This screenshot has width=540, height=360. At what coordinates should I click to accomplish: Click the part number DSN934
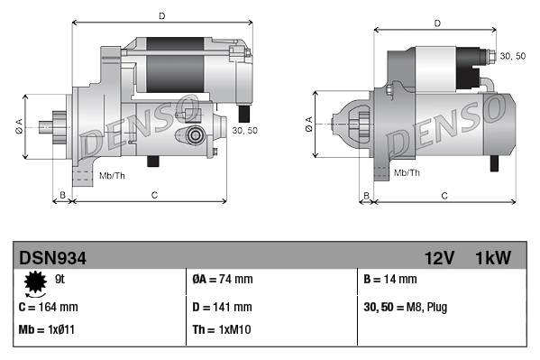[52, 258]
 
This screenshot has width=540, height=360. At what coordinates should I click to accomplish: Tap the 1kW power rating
[493, 258]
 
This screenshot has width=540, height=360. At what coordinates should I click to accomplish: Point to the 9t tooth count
[59, 279]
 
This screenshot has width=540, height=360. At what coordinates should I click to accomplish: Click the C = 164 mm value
[48, 306]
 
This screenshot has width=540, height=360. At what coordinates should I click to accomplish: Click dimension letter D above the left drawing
[161, 15]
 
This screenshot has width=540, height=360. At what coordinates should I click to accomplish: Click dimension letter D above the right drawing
[436, 23]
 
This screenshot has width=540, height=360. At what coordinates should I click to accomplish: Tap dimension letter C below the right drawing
[445, 195]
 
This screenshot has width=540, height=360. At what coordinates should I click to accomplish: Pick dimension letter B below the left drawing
[62, 195]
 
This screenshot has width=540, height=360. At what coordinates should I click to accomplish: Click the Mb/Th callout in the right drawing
[407, 171]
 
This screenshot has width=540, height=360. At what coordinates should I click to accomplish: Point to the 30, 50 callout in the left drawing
[244, 130]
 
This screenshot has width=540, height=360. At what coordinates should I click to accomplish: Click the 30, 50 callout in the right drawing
[512, 56]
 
